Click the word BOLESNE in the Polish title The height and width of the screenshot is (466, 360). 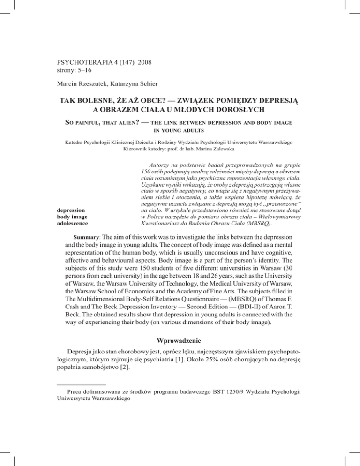tap(101, 101)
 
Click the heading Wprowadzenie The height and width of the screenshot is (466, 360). tap(180, 338)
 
